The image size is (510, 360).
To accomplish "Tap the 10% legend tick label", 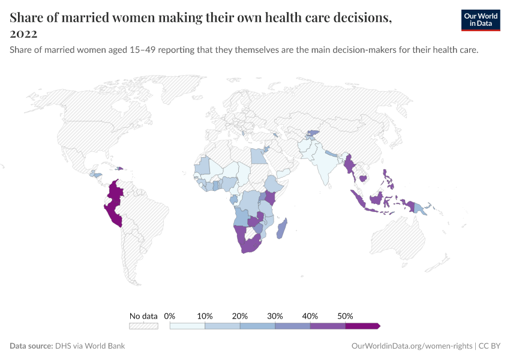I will [205, 316].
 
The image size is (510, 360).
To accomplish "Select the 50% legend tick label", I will [346, 316].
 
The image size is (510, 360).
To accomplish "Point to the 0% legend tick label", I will [170, 316].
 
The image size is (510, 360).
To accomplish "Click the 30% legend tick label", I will [275, 316].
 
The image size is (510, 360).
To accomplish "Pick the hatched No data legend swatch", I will [143, 326].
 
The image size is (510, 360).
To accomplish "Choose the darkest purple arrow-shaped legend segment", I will [362, 326].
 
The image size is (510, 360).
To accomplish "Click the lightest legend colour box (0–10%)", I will [187, 326].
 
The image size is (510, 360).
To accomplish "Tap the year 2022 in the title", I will [23, 33].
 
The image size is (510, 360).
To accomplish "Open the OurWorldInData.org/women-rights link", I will [411, 346].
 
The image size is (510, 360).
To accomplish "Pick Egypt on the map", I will [257, 156].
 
